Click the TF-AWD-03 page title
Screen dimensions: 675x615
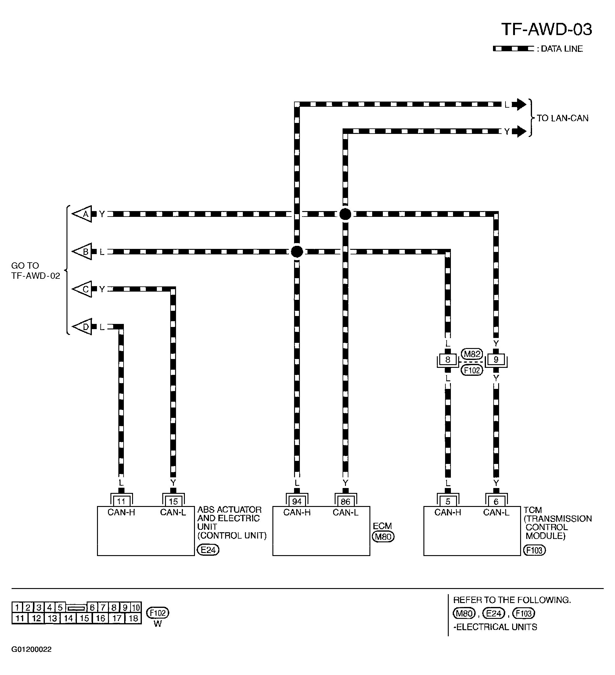pyautogui.click(x=546, y=30)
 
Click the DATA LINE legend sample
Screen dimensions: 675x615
pyautogui.click(x=513, y=49)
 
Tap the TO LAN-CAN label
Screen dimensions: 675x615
pyautogui.click(x=563, y=118)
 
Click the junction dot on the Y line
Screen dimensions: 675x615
pyautogui.click(x=345, y=214)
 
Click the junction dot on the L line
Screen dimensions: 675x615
pyautogui.click(x=297, y=251)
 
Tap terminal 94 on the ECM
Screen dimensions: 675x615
pyautogui.click(x=297, y=501)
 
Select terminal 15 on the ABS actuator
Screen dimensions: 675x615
pyautogui.click(x=173, y=501)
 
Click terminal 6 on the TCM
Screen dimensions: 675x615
pyautogui.click(x=496, y=501)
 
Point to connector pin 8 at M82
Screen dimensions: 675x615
pyautogui.click(x=448, y=360)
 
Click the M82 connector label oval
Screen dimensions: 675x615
pyautogui.click(x=472, y=354)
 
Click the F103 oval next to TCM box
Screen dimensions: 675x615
pyautogui.click(x=534, y=550)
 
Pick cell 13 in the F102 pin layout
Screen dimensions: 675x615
pyautogui.click(x=52, y=618)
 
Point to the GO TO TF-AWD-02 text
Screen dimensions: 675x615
pyautogui.click(x=35, y=271)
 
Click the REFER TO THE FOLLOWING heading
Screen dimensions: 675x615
pyautogui.click(x=512, y=600)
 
